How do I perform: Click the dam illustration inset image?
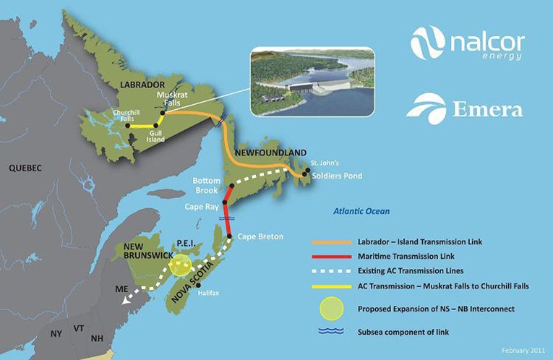312,81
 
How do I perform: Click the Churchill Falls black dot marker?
129,126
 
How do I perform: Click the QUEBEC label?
25,168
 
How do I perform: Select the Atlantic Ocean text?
361,211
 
